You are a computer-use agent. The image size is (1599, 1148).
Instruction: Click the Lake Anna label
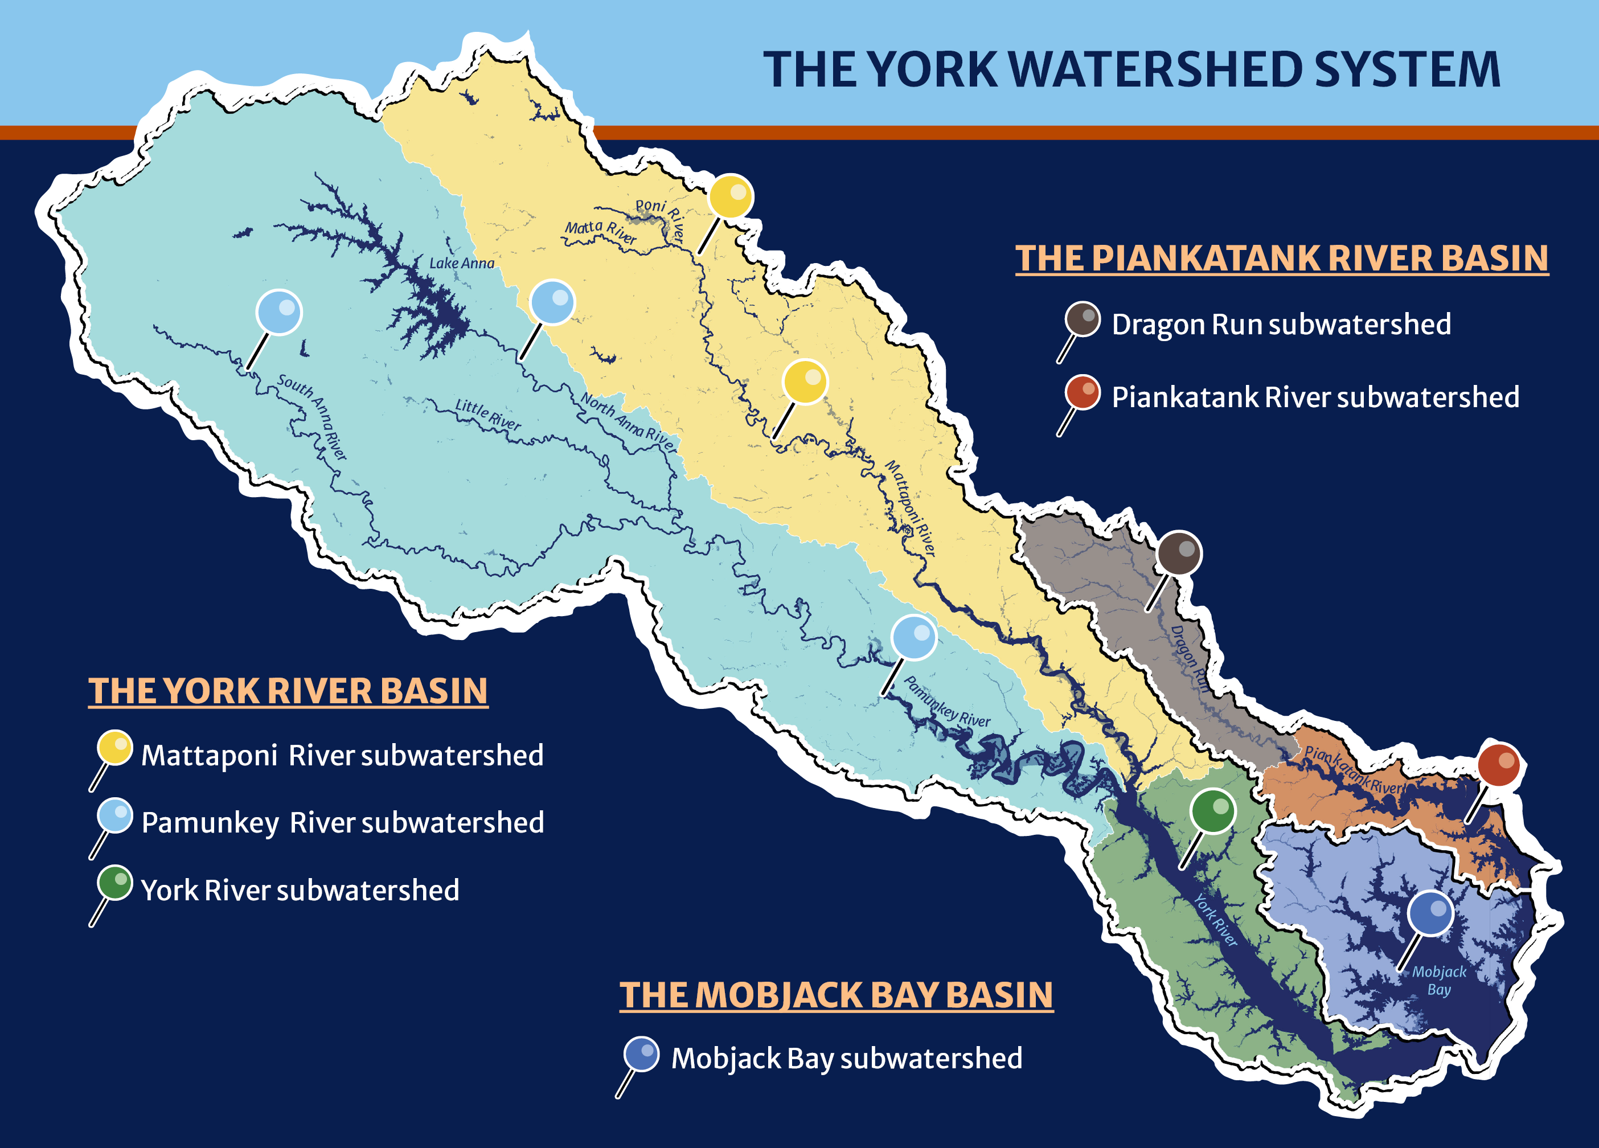pos(462,263)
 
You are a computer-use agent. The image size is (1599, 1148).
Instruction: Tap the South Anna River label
pos(312,417)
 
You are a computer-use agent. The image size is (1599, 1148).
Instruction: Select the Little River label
pos(488,415)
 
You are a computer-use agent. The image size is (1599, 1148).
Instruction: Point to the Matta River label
pos(601,231)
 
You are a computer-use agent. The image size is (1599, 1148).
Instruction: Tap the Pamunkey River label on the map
pos(946,702)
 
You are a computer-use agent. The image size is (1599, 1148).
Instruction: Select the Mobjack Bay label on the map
pos(1439,980)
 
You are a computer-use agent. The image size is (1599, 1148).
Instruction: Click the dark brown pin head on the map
pos(1179,553)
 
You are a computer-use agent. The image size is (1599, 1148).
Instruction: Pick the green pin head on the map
pos(1213,811)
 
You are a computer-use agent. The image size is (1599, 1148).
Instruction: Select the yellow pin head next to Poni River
pos(731,196)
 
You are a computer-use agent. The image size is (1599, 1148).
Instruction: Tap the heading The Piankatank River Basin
pos(1281,258)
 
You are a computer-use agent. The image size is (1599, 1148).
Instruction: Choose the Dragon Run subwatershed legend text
pos(1281,325)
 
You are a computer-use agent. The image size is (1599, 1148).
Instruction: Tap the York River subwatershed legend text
pos(300,890)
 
